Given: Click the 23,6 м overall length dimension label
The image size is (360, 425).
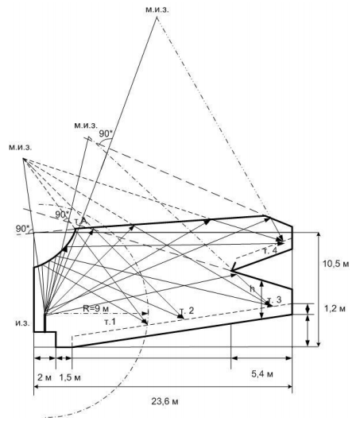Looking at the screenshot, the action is click(165, 401).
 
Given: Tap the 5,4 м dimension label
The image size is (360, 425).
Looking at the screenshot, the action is click(262, 374).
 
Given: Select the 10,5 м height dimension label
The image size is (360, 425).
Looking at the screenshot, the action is click(335, 264).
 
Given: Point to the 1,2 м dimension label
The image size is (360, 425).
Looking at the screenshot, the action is click(335, 308).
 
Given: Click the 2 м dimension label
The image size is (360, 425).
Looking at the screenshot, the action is click(44, 377).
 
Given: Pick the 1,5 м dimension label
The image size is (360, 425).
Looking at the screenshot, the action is click(70, 377).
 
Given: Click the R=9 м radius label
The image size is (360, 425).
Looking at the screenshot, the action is click(96, 308).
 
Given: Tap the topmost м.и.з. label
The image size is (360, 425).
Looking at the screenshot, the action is click(157, 10).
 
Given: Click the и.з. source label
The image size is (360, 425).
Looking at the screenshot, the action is click(22, 323).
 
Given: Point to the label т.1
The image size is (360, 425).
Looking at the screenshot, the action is click(110, 322).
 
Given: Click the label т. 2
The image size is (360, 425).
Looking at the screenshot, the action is click(187, 311).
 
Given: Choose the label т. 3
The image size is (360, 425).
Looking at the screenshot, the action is click(274, 299).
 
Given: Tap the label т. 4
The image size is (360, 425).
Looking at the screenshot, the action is click(270, 250).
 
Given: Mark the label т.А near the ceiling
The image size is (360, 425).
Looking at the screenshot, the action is click(80, 222).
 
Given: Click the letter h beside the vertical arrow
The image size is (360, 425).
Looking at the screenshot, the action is click(253, 288).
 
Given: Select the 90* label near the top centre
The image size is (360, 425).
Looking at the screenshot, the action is click(106, 133).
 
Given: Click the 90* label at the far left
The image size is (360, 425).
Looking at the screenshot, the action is click(22, 228).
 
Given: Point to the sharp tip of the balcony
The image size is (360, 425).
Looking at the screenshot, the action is click(231, 271).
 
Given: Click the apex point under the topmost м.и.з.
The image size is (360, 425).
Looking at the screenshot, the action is click(157, 17).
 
